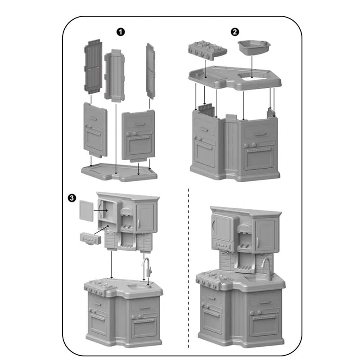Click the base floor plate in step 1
click(x=119, y=172)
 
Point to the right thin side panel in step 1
click(x=150, y=71)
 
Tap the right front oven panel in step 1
click(x=139, y=135)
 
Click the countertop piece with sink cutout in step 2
click(x=234, y=78)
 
